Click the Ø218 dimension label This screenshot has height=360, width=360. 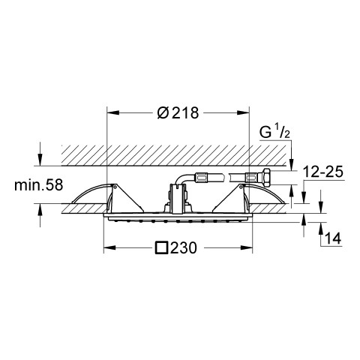click(x=178, y=112)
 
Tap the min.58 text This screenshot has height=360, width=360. click(x=38, y=185)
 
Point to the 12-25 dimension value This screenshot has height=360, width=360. click(x=323, y=172)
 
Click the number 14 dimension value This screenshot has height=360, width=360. click(x=333, y=238)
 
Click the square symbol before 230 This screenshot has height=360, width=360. click(x=161, y=247)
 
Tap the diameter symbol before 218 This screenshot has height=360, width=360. click(x=163, y=113)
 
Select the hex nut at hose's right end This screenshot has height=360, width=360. click(x=265, y=177)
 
